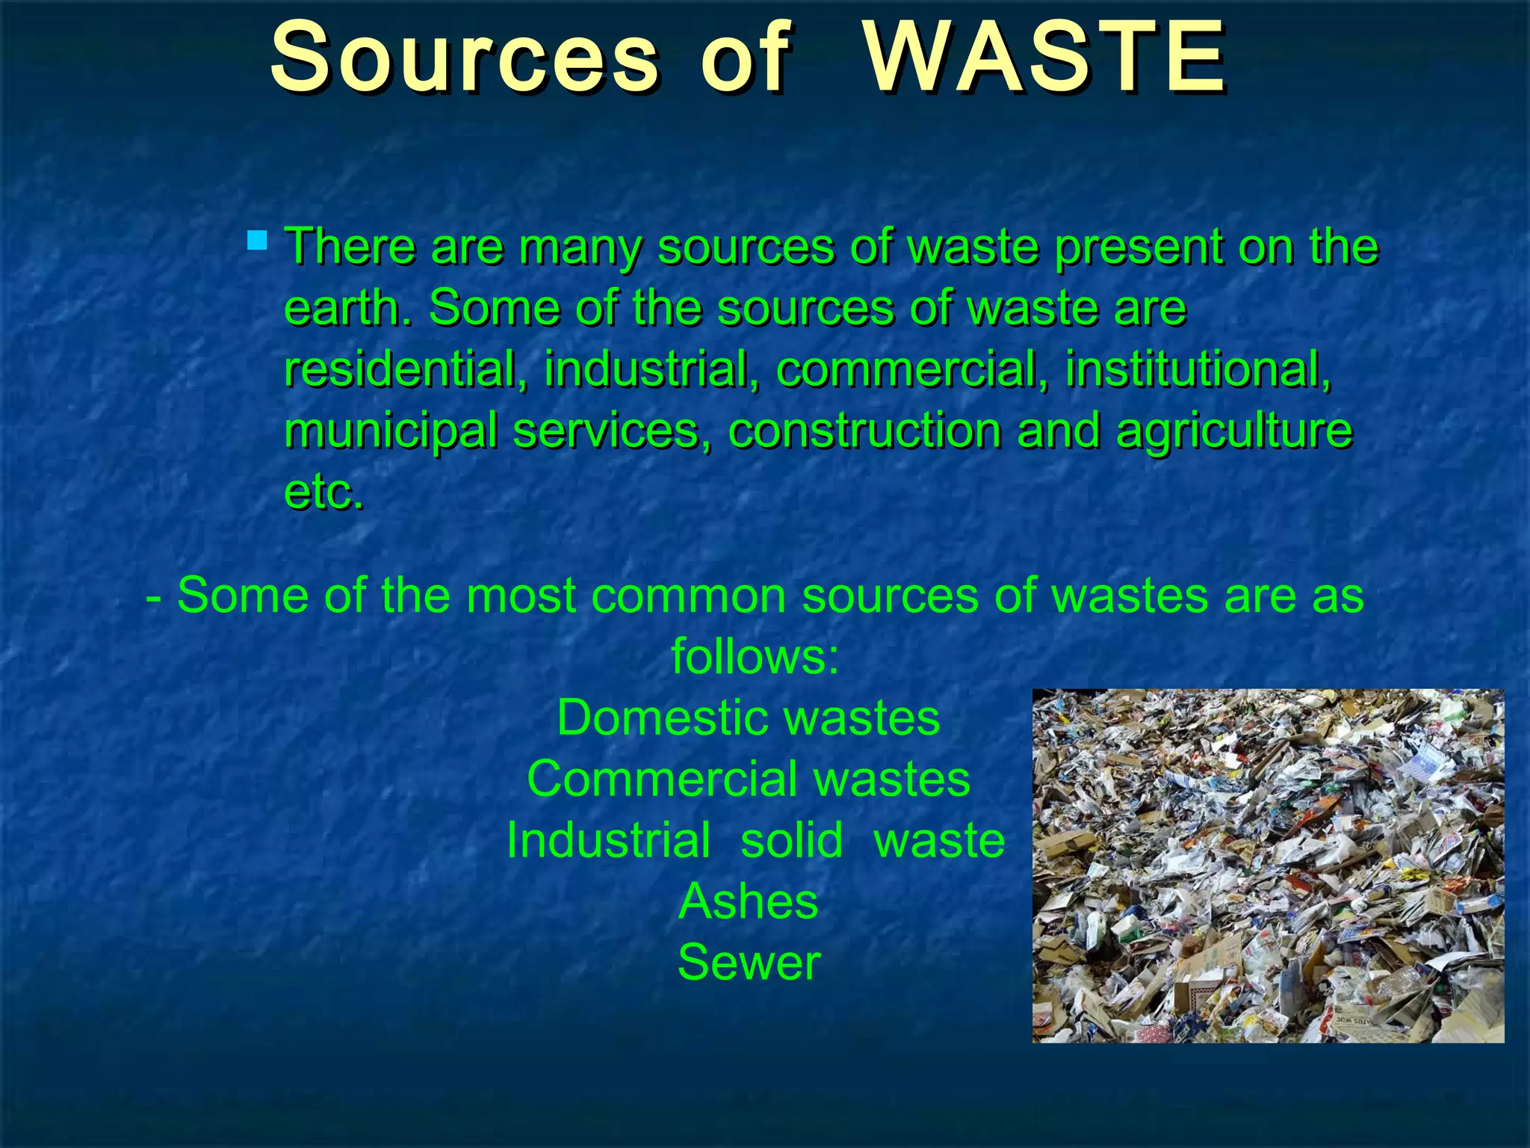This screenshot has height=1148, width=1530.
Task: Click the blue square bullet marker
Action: pyautogui.click(x=257, y=240)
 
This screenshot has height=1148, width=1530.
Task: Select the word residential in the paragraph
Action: pyautogui.click(x=400, y=369)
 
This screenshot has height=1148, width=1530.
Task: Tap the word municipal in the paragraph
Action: pyautogui.click(x=391, y=431)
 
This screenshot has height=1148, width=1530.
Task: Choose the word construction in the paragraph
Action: pyautogui.click(x=864, y=431)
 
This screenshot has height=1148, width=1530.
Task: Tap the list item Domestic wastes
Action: pyautogui.click(x=748, y=717)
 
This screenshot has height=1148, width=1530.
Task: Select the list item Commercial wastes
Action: pyautogui.click(x=748, y=779)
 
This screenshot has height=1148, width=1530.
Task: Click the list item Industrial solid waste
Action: pyautogui.click(x=755, y=840)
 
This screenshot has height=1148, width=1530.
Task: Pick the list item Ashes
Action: pyautogui.click(x=748, y=901)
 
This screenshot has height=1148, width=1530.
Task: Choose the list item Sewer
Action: pyautogui.click(x=749, y=963)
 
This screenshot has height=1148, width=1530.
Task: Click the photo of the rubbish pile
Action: pyautogui.click(x=1268, y=865)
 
